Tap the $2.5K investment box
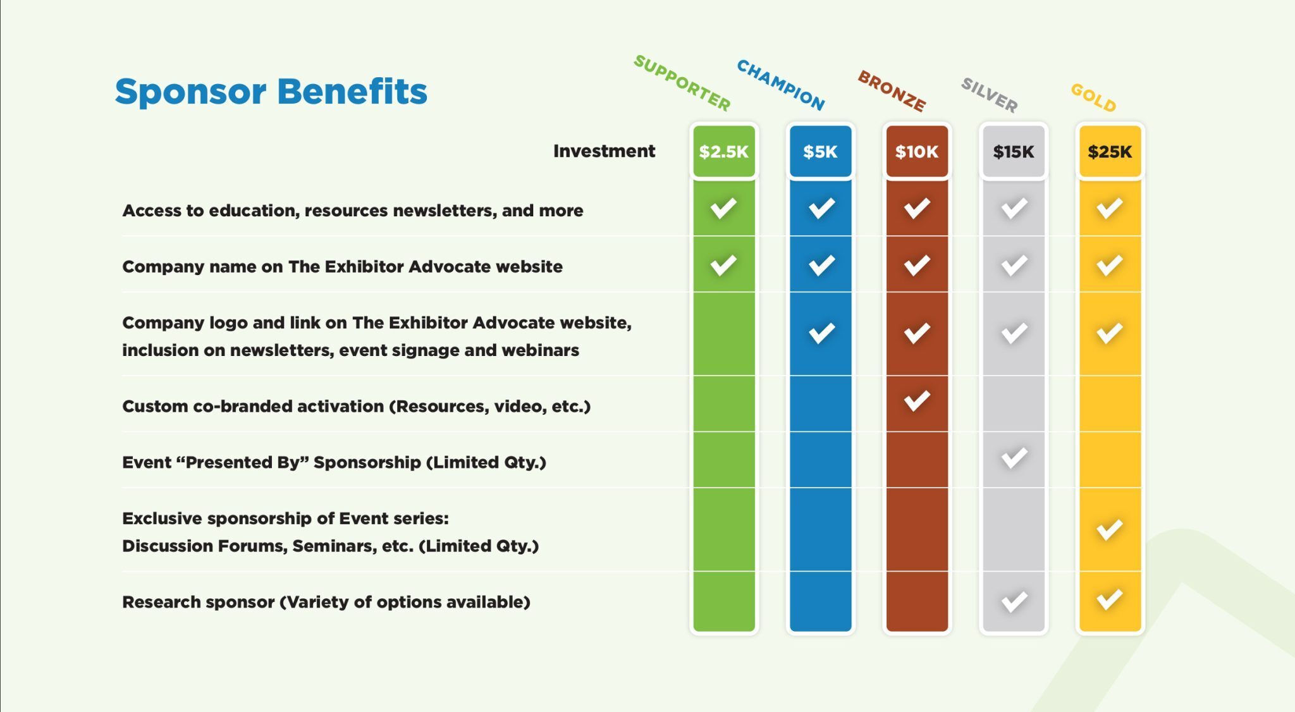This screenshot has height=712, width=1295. click(724, 152)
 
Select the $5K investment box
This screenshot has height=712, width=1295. click(820, 152)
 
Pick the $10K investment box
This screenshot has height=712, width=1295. click(917, 152)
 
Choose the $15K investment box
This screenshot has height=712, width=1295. click(1014, 152)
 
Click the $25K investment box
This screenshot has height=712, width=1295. click(1110, 152)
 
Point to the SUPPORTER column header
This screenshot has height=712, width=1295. click(682, 83)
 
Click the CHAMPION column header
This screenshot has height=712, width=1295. click(781, 85)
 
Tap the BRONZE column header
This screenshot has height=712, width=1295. click(892, 91)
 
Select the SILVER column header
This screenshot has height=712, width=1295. click(990, 95)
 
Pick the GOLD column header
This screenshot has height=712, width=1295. click(1093, 98)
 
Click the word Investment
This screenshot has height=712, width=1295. click(604, 151)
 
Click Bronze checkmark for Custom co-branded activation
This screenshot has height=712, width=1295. click(917, 400)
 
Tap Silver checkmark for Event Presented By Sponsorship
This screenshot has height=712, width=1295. click(1014, 458)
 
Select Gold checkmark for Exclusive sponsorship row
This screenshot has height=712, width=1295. click(1110, 529)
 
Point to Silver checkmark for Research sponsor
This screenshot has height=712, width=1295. click(1014, 601)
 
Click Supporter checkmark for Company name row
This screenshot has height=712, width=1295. click(723, 265)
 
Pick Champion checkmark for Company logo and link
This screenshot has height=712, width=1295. click(821, 333)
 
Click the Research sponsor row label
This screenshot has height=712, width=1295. click(326, 602)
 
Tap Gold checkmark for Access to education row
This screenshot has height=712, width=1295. click(1110, 208)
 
